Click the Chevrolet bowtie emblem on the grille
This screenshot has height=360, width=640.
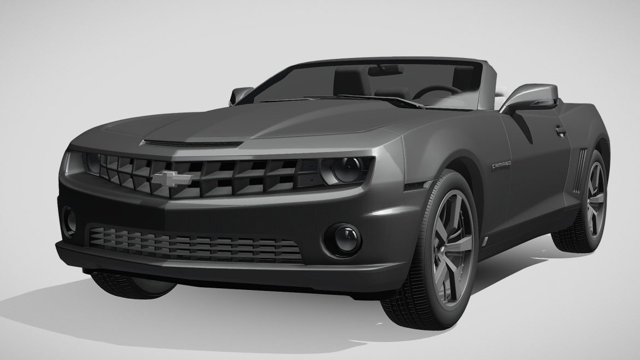pos(172,178)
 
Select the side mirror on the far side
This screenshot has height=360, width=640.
pos(241,95)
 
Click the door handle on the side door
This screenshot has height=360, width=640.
pos(561,131)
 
